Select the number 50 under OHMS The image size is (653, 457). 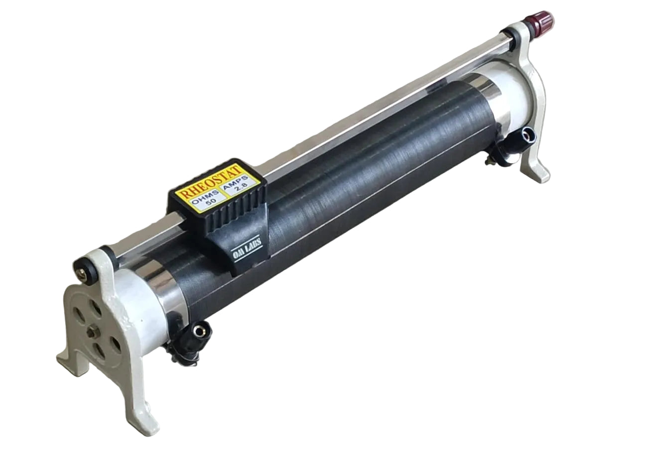(210, 203)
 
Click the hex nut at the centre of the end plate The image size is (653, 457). (93, 331)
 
